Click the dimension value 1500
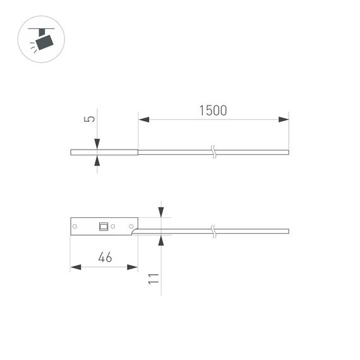213,111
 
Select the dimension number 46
105,257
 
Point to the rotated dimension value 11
152,279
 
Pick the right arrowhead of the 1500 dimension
284,119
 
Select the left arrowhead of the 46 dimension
76,267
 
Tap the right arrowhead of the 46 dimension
132,267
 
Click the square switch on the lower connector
103,225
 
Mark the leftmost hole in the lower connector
76,226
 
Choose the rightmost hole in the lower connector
131,226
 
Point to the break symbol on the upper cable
214,152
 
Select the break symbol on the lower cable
214,231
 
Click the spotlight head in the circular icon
44,42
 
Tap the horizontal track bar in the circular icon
42,28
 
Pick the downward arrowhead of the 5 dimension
97,145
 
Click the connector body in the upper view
104,152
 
